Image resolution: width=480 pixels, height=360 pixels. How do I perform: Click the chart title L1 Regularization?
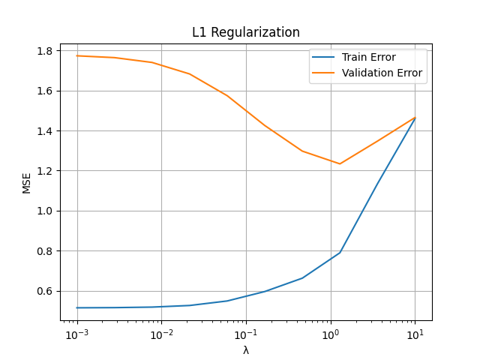(246, 33)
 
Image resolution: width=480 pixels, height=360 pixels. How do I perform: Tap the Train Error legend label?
(369, 57)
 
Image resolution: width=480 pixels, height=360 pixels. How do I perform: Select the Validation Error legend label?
(382, 73)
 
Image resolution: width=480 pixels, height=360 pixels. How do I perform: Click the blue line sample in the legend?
(325, 57)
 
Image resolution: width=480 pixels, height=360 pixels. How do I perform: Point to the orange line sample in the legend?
(325, 73)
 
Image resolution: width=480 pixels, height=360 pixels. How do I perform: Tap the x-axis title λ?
(246, 350)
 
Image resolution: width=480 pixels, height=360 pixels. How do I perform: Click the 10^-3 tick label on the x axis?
(76, 334)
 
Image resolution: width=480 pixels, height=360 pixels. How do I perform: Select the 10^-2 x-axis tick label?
(161, 334)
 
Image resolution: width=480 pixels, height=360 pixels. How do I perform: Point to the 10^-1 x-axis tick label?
(246, 334)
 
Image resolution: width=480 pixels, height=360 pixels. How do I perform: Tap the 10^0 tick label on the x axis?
(330, 334)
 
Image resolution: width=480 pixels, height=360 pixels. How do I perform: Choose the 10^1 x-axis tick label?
(415, 334)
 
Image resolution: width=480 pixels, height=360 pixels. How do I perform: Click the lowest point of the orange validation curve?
(340, 163)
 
